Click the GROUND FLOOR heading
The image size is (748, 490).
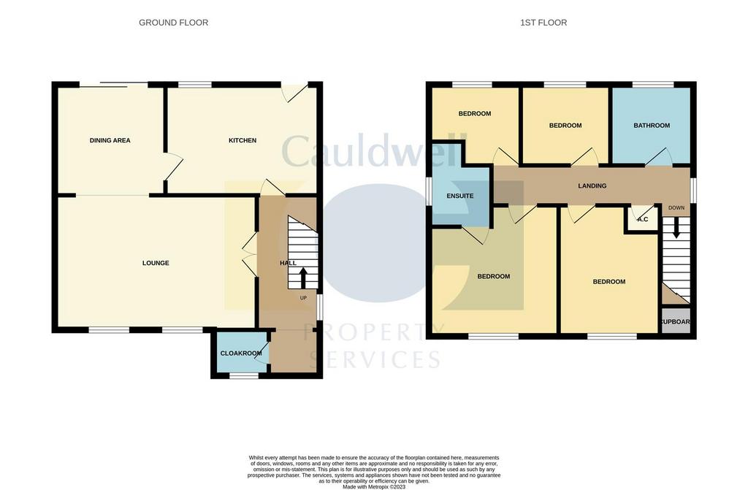[173, 23]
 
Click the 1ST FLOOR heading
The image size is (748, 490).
[543, 23]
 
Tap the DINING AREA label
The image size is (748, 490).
[110, 140]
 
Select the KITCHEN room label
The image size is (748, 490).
[243, 140]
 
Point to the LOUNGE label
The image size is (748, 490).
[156, 263]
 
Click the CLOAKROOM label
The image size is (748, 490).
[241, 353]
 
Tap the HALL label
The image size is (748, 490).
[288, 263]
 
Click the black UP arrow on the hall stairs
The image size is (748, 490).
[303, 278]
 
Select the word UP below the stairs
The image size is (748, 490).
[303, 298]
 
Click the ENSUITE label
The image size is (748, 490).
[460, 196]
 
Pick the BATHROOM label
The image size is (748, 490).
[652, 126]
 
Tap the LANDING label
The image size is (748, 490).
[592, 185]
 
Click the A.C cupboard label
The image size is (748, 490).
[643, 220]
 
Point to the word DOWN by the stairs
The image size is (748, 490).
[676, 208]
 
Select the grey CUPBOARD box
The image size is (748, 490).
[676, 322]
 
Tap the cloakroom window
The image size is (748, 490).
[244, 376]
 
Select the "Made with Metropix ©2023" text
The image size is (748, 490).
[374, 487]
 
